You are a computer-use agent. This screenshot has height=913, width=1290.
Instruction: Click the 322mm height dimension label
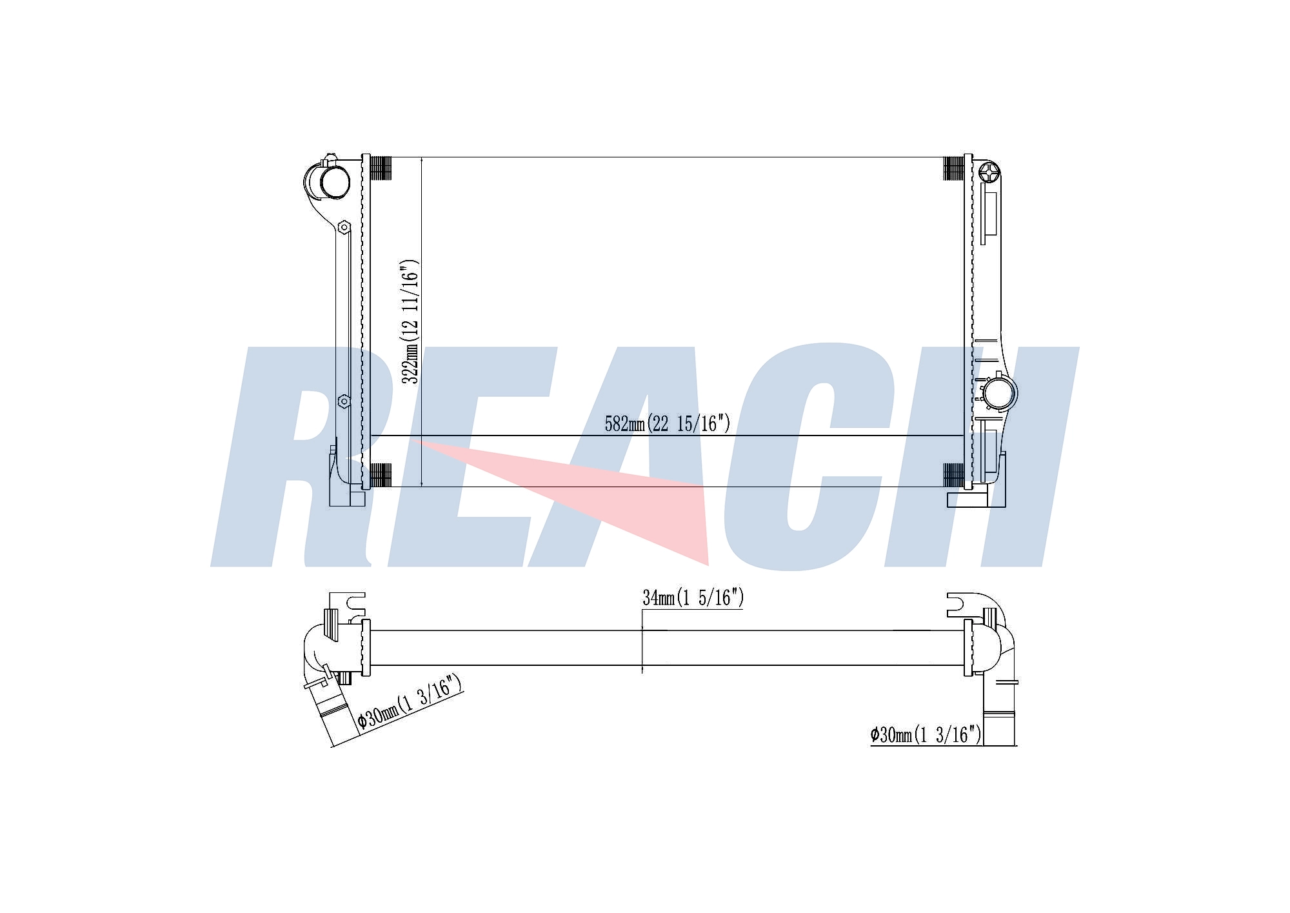click(410, 322)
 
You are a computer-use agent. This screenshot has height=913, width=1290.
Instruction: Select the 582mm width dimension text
click(667, 423)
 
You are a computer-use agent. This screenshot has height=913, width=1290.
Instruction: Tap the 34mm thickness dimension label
click(693, 598)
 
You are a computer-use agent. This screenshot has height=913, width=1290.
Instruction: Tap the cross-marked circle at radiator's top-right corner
click(989, 172)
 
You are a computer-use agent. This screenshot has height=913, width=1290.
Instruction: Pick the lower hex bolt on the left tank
click(344, 401)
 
